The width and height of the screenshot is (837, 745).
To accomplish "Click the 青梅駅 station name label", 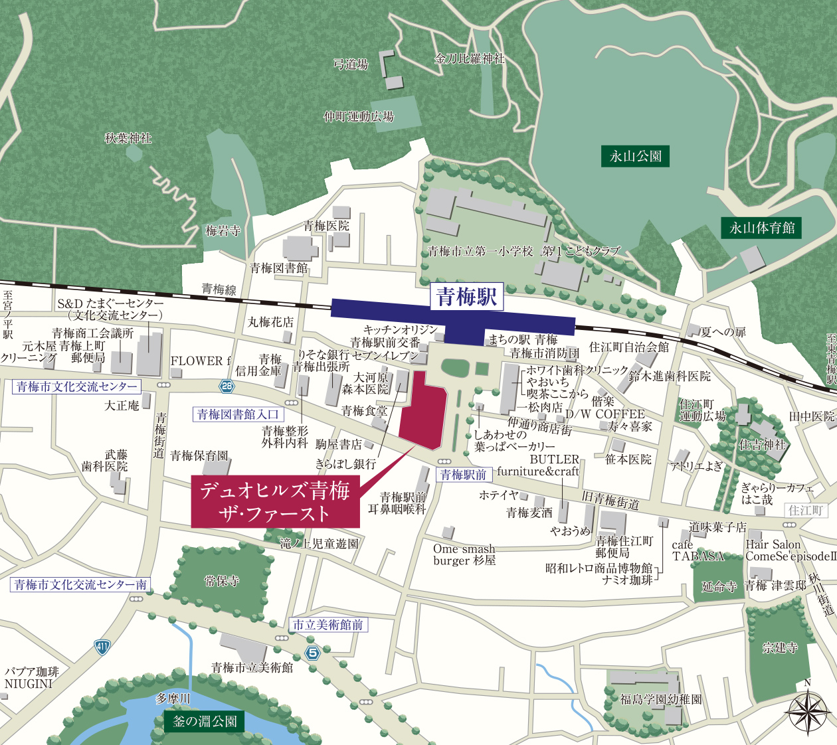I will coord(466,297).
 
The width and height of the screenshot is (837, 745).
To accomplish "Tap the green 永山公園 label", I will coord(636,157).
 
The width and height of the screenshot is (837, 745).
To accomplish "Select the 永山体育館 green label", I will coord(762,228).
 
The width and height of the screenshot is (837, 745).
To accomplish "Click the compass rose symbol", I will coord(808,711).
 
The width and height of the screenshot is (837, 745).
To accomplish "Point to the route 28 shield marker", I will coord(227,386).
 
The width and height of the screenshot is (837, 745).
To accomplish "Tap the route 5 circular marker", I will coord(313,653).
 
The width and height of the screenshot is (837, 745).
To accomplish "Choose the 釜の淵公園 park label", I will coord(205,721).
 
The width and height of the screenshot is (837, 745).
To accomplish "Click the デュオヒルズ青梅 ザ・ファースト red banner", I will coord(275,502).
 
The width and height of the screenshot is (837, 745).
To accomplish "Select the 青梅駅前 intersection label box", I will coord(463,475).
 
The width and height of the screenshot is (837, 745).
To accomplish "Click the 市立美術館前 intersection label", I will coord(328,625).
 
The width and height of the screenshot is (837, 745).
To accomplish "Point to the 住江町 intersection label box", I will coord(806,510).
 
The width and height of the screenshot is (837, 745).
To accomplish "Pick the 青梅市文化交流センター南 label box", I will coord(81,585).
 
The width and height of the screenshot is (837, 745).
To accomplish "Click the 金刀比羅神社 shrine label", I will coord(470,59).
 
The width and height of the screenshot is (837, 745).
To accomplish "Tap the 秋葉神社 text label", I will coord(128,138).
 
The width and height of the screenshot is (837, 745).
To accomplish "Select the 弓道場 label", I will coord(351,64).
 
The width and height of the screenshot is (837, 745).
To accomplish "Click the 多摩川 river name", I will coord(173,699).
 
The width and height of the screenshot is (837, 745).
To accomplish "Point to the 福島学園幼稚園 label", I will coord(660,699).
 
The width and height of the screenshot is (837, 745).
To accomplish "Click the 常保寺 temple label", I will coord(222,581).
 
